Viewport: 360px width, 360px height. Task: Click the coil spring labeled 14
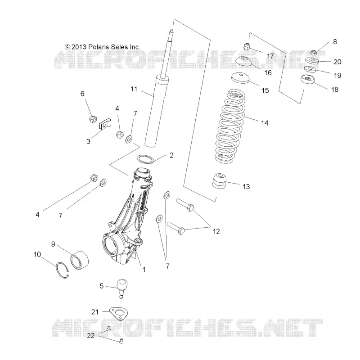(x=230, y=126)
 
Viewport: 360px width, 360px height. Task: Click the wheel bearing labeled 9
(x=79, y=260)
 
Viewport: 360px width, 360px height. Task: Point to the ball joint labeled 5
(x=122, y=288)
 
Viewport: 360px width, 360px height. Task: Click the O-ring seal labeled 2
(x=145, y=159)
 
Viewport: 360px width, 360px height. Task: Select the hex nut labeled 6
(x=93, y=119)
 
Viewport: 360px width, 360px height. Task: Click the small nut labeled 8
(x=314, y=53)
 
